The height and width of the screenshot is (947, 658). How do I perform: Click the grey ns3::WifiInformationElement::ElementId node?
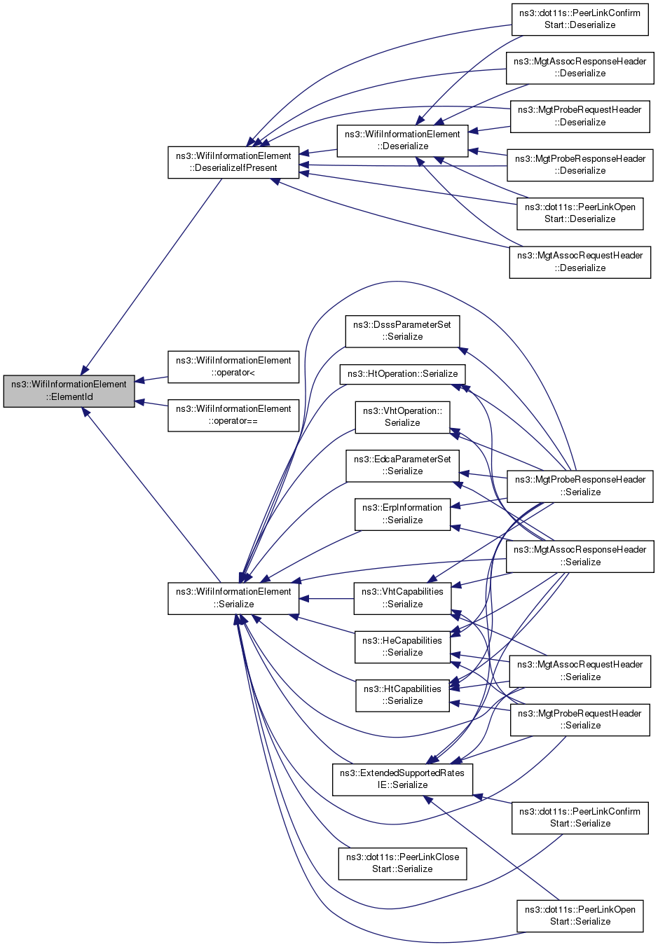pyautogui.click(x=69, y=391)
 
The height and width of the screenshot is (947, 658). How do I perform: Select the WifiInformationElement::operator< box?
pyautogui.click(x=233, y=366)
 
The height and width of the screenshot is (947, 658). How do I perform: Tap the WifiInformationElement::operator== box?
pyautogui.click(x=233, y=415)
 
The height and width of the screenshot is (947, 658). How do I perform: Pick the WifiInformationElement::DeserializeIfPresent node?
pyautogui.click(x=233, y=162)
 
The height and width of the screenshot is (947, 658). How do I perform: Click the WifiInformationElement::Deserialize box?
pyautogui.click(x=402, y=140)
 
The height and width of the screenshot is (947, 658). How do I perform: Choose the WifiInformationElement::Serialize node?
pyautogui.click(x=233, y=598)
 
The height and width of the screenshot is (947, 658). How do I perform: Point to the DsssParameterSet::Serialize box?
pyautogui.click(x=402, y=331)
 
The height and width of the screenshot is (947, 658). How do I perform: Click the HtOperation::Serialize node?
pyautogui.click(x=402, y=374)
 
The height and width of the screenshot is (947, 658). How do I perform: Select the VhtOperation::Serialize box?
pyautogui.click(x=402, y=417)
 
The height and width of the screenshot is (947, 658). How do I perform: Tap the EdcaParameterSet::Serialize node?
pyautogui.click(x=402, y=466)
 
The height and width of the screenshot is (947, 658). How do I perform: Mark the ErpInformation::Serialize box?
pyautogui.click(x=402, y=514)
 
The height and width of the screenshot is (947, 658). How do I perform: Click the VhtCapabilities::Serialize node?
pyautogui.click(x=402, y=598)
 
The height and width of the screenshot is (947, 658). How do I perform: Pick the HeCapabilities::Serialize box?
pyautogui.click(x=402, y=647)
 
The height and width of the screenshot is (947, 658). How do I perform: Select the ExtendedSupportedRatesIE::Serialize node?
pyautogui.click(x=402, y=779)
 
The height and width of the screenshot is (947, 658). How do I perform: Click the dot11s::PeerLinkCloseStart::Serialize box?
pyautogui.click(x=402, y=864)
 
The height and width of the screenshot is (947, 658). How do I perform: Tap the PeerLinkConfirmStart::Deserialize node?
pyautogui.click(x=580, y=20)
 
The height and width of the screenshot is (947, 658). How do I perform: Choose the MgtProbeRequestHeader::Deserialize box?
pyautogui.click(x=580, y=116)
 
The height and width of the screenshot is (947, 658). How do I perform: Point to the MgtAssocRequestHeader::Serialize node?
pyautogui.click(x=580, y=671)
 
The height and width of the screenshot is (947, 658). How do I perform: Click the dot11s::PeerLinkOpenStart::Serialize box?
pyautogui.click(x=580, y=916)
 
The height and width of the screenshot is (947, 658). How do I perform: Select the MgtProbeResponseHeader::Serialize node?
pyautogui.click(x=580, y=486)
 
